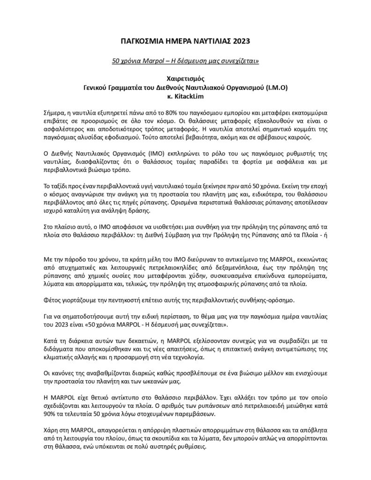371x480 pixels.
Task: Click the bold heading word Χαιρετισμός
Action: click(185, 79)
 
